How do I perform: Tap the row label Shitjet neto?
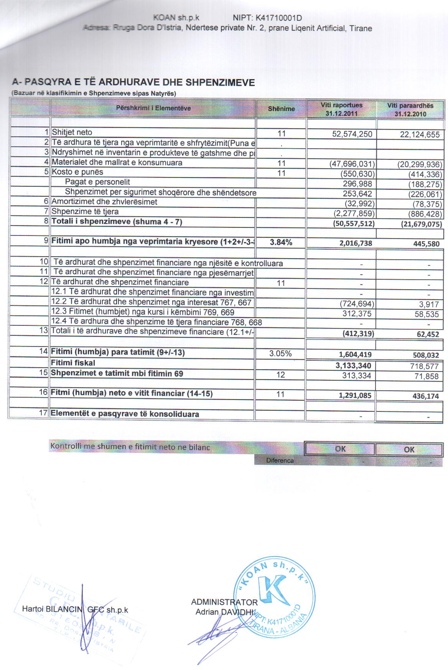(x=72, y=133)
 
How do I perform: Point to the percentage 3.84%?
(x=281, y=242)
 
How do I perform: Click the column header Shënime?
(x=281, y=109)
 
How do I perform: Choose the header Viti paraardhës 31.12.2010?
(x=410, y=109)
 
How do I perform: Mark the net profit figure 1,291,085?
(x=355, y=395)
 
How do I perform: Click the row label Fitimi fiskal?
(x=73, y=363)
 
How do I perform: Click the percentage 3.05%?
(x=280, y=353)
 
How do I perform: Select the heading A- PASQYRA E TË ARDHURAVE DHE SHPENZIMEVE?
(x=133, y=83)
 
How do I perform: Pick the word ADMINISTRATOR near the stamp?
(x=224, y=602)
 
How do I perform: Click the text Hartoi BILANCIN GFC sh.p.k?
(x=75, y=609)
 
